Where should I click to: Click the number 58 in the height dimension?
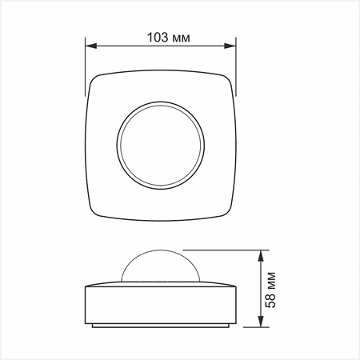pos(271,301)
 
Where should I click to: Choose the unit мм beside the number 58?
pos(271,279)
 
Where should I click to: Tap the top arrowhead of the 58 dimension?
pos(262,254)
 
